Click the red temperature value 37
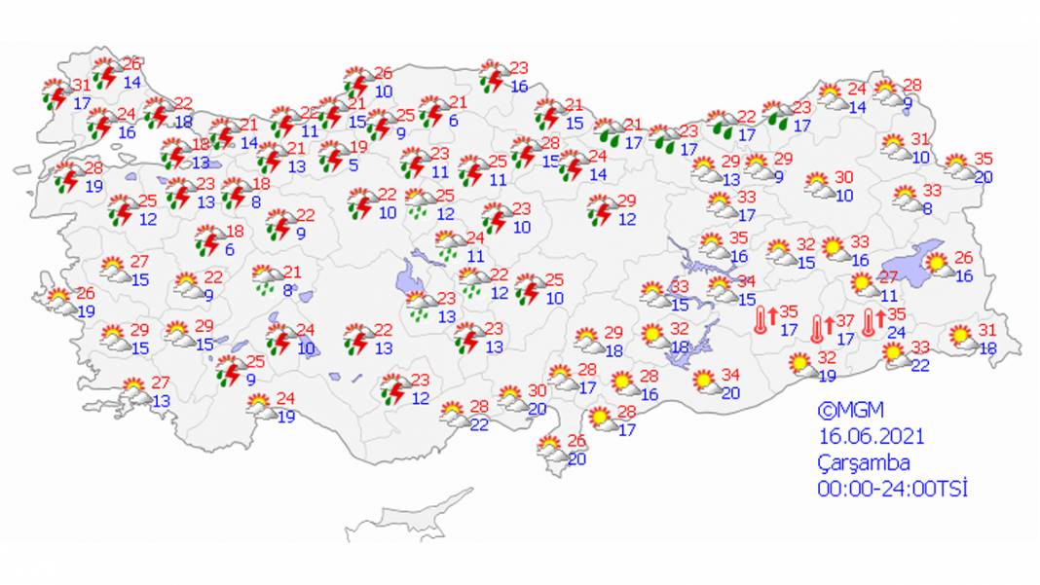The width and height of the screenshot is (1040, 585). click(x=844, y=322)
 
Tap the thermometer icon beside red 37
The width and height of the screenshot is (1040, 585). click(x=818, y=331)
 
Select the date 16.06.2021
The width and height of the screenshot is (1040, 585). click(x=870, y=437)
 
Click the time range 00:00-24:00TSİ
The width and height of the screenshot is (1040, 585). click(x=892, y=489)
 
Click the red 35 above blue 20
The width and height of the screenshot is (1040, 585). click(x=983, y=160)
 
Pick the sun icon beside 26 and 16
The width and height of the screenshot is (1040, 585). click(x=937, y=264)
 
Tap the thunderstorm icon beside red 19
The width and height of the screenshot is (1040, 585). click(x=333, y=157)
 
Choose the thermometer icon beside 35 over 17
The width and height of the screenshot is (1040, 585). click(x=761, y=320)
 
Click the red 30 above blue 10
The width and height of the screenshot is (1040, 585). click(x=843, y=178)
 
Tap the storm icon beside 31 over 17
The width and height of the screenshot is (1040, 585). click(x=55, y=94)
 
